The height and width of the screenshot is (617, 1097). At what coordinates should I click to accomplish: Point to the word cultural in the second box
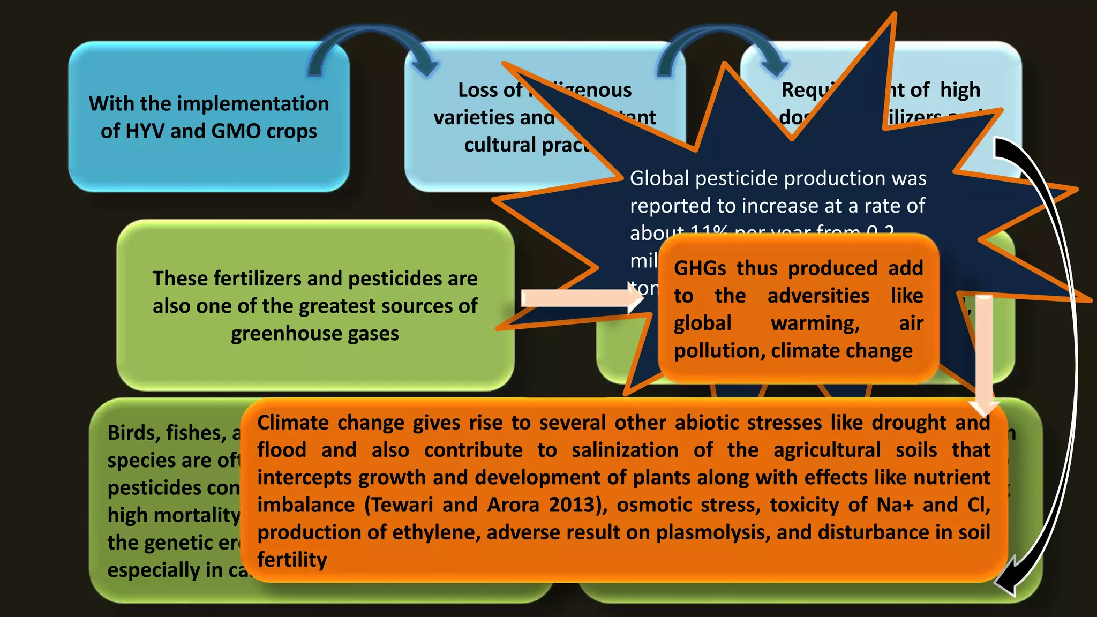coord(500,145)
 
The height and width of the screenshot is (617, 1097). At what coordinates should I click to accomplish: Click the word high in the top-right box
coord(960,90)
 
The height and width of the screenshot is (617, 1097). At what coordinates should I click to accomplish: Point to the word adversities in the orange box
coord(818,296)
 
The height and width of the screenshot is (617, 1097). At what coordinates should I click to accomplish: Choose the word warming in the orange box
coord(815,323)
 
